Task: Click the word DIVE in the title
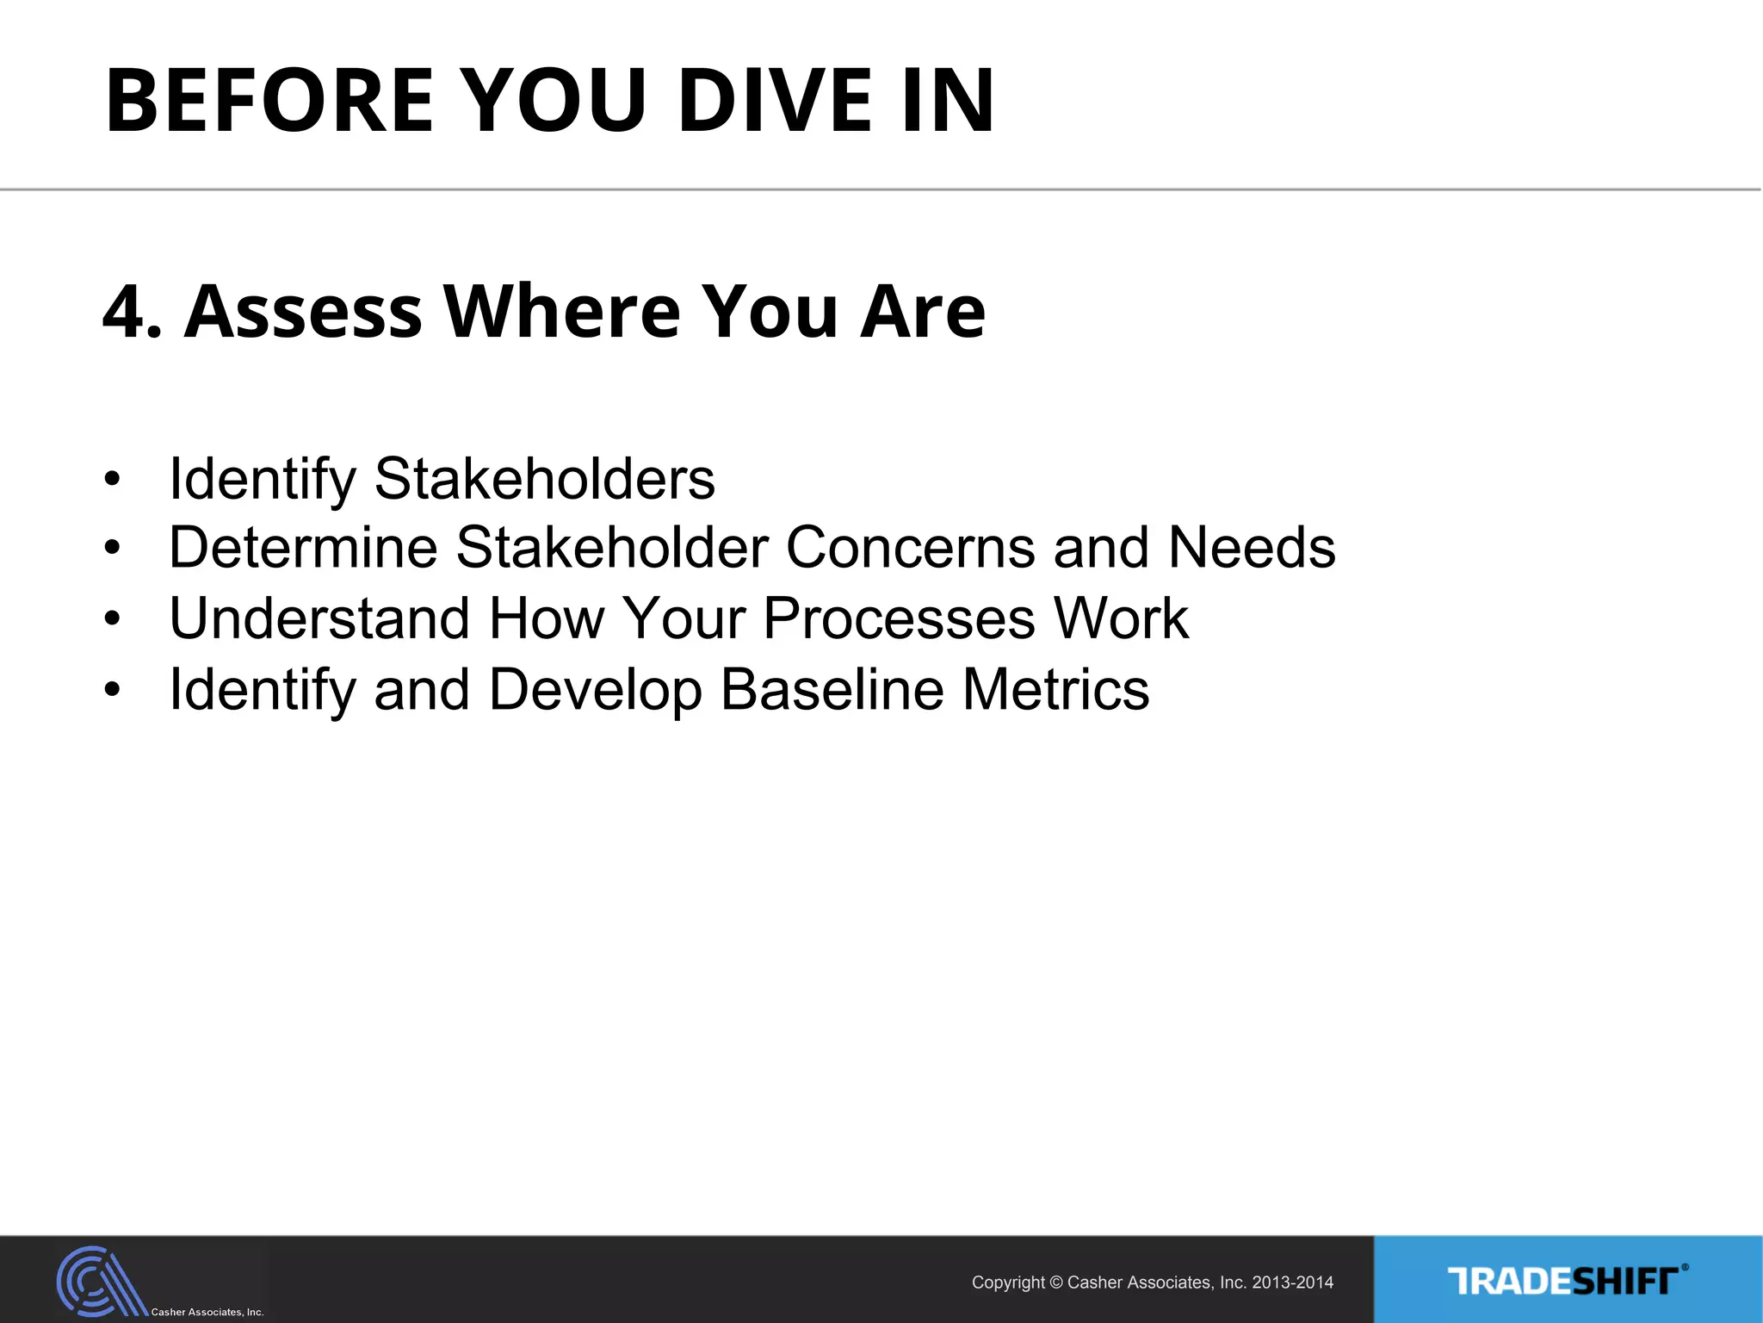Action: point(775,101)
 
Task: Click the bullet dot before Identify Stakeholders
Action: point(112,480)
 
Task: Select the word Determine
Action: point(303,548)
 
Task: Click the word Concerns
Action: point(910,548)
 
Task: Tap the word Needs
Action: point(1251,548)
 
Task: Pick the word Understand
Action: point(319,618)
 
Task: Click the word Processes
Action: point(899,618)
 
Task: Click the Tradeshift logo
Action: point(1567,1281)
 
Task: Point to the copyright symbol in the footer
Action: point(1056,1283)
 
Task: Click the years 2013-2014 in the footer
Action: point(1292,1283)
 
